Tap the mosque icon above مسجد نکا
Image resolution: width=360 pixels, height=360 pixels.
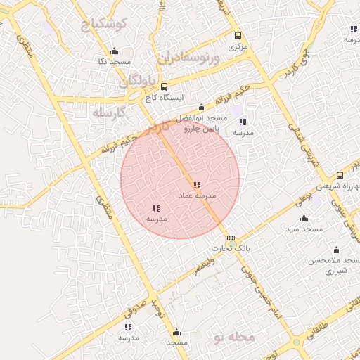click(115, 51)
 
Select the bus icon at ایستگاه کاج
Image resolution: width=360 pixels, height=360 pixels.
click(144, 86)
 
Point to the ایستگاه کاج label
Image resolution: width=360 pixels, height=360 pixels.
click(149, 98)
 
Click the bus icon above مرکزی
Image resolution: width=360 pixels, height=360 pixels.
click(238, 35)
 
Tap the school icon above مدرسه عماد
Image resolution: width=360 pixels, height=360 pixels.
click(197, 185)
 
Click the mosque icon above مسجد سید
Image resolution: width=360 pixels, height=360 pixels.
click(304, 218)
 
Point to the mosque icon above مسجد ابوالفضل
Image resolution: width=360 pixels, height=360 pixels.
click(202, 108)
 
